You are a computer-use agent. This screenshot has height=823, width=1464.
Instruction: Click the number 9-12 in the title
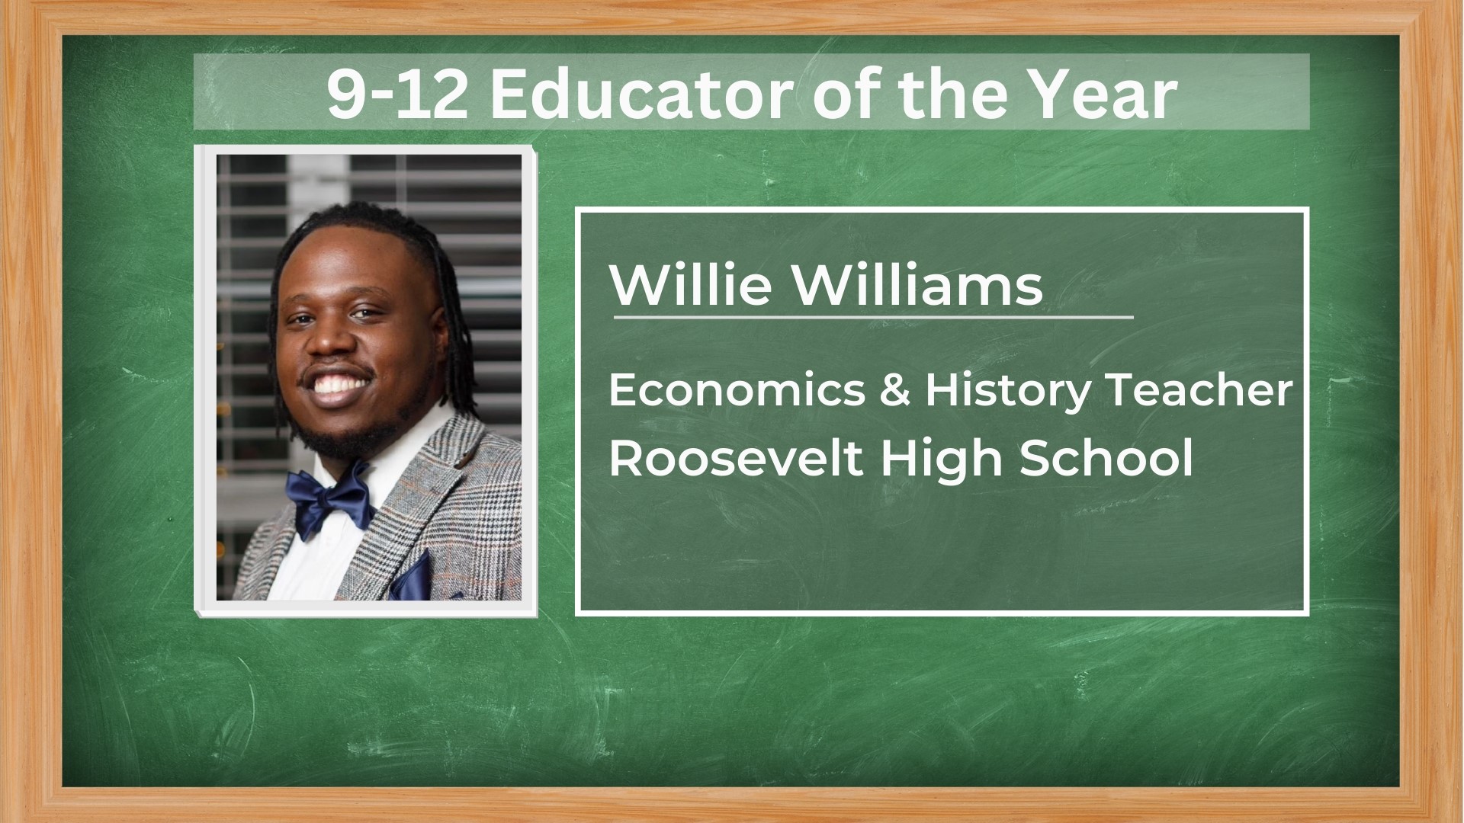[397, 94]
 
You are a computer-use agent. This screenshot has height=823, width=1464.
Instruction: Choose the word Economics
[737, 390]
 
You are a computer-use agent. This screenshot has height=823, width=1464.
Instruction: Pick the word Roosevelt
[736, 459]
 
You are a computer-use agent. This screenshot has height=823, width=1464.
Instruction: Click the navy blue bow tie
[329, 500]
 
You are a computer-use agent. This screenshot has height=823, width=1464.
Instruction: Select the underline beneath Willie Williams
[873, 315]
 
